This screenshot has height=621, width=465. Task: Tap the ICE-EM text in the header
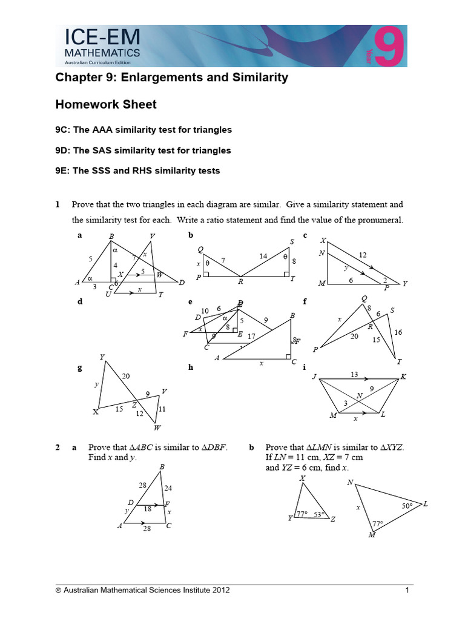tap(102, 39)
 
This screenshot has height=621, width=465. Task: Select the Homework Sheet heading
tap(106, 104)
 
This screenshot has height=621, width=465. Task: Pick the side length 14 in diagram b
tap(263, 257)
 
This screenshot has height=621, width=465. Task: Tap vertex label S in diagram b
tap(292, 241)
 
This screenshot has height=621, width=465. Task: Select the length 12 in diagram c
tap(363, 255)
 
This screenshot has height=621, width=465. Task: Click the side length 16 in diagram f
tap(398, 332)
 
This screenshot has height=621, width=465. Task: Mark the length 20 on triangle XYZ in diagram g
tap(126, 377)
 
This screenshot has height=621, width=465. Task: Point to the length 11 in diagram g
tap(162, 409)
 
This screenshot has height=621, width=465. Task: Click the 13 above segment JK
tap(354, 375)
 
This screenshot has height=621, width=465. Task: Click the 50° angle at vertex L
tap(407, 505)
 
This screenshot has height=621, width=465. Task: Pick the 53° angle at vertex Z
tap(319, 515)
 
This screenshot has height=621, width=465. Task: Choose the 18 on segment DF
tap(147, 510)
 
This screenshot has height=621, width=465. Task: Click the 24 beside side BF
tap(168, 488)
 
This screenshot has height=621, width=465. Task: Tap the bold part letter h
tap(191, 368)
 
